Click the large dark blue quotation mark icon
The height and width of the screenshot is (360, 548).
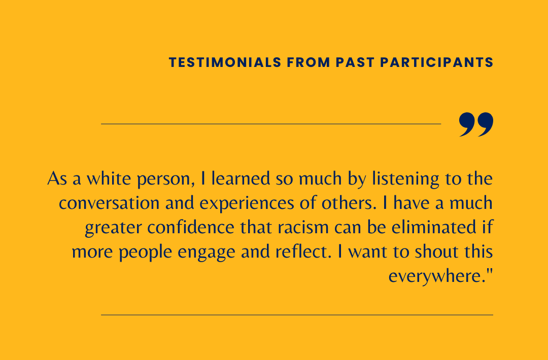click(476, 125)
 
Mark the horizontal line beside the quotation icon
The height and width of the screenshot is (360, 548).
click(271, 124)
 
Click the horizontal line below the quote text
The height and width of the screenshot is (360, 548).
click(297, 315)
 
